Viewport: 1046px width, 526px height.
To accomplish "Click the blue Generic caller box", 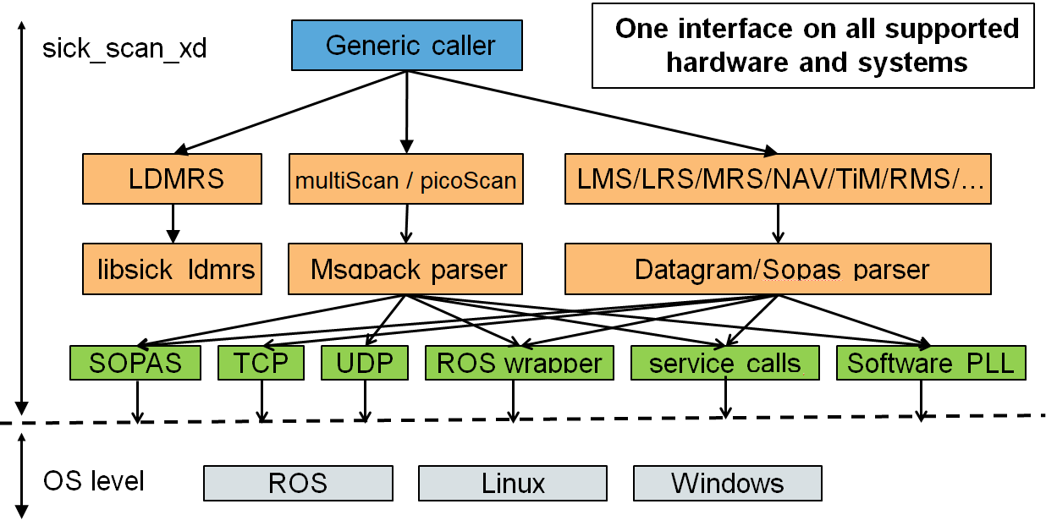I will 406,46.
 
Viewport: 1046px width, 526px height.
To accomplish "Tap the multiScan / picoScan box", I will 405,179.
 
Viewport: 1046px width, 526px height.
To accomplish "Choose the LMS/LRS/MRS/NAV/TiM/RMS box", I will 777,179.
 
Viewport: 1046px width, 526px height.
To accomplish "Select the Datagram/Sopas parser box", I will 777,269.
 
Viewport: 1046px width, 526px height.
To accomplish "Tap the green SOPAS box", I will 135,363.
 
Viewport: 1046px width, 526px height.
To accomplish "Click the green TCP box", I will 261,363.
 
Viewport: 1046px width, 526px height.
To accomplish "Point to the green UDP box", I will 365,363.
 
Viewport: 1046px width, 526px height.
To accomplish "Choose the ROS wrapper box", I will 519,363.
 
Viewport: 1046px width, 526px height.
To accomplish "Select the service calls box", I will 724,363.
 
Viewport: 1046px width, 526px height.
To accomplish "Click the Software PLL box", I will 930,363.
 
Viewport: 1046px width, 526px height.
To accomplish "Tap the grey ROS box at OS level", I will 298,484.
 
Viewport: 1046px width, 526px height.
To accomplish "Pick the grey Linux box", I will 513,484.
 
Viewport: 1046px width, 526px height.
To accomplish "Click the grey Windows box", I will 727,484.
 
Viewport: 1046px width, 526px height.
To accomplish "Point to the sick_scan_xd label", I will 124,47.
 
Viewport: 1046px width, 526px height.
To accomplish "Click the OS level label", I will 94,481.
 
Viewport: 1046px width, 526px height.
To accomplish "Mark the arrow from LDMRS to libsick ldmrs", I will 173,223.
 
